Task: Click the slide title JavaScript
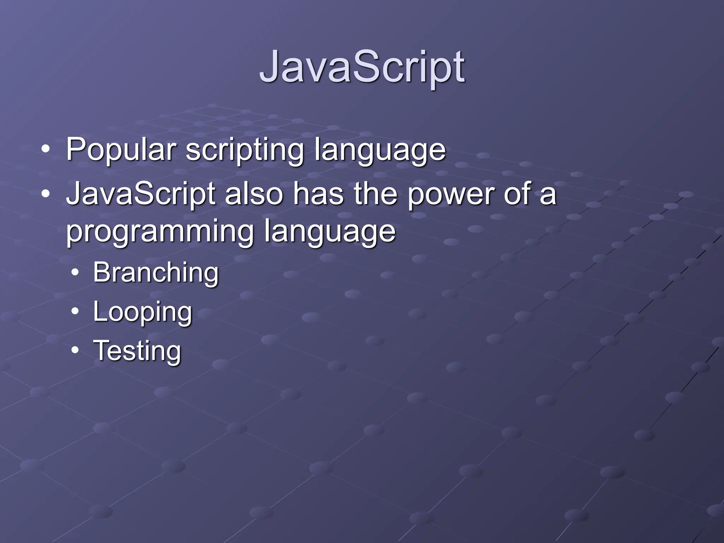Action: coord(362,67)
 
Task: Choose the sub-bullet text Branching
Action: coord(156,273)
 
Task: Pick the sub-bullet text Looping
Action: coord(142,313)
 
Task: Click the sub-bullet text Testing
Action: coord(137,351)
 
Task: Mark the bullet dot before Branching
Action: coord(75,273)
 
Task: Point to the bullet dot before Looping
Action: coord(75,311)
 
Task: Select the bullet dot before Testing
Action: coord(75,350)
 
